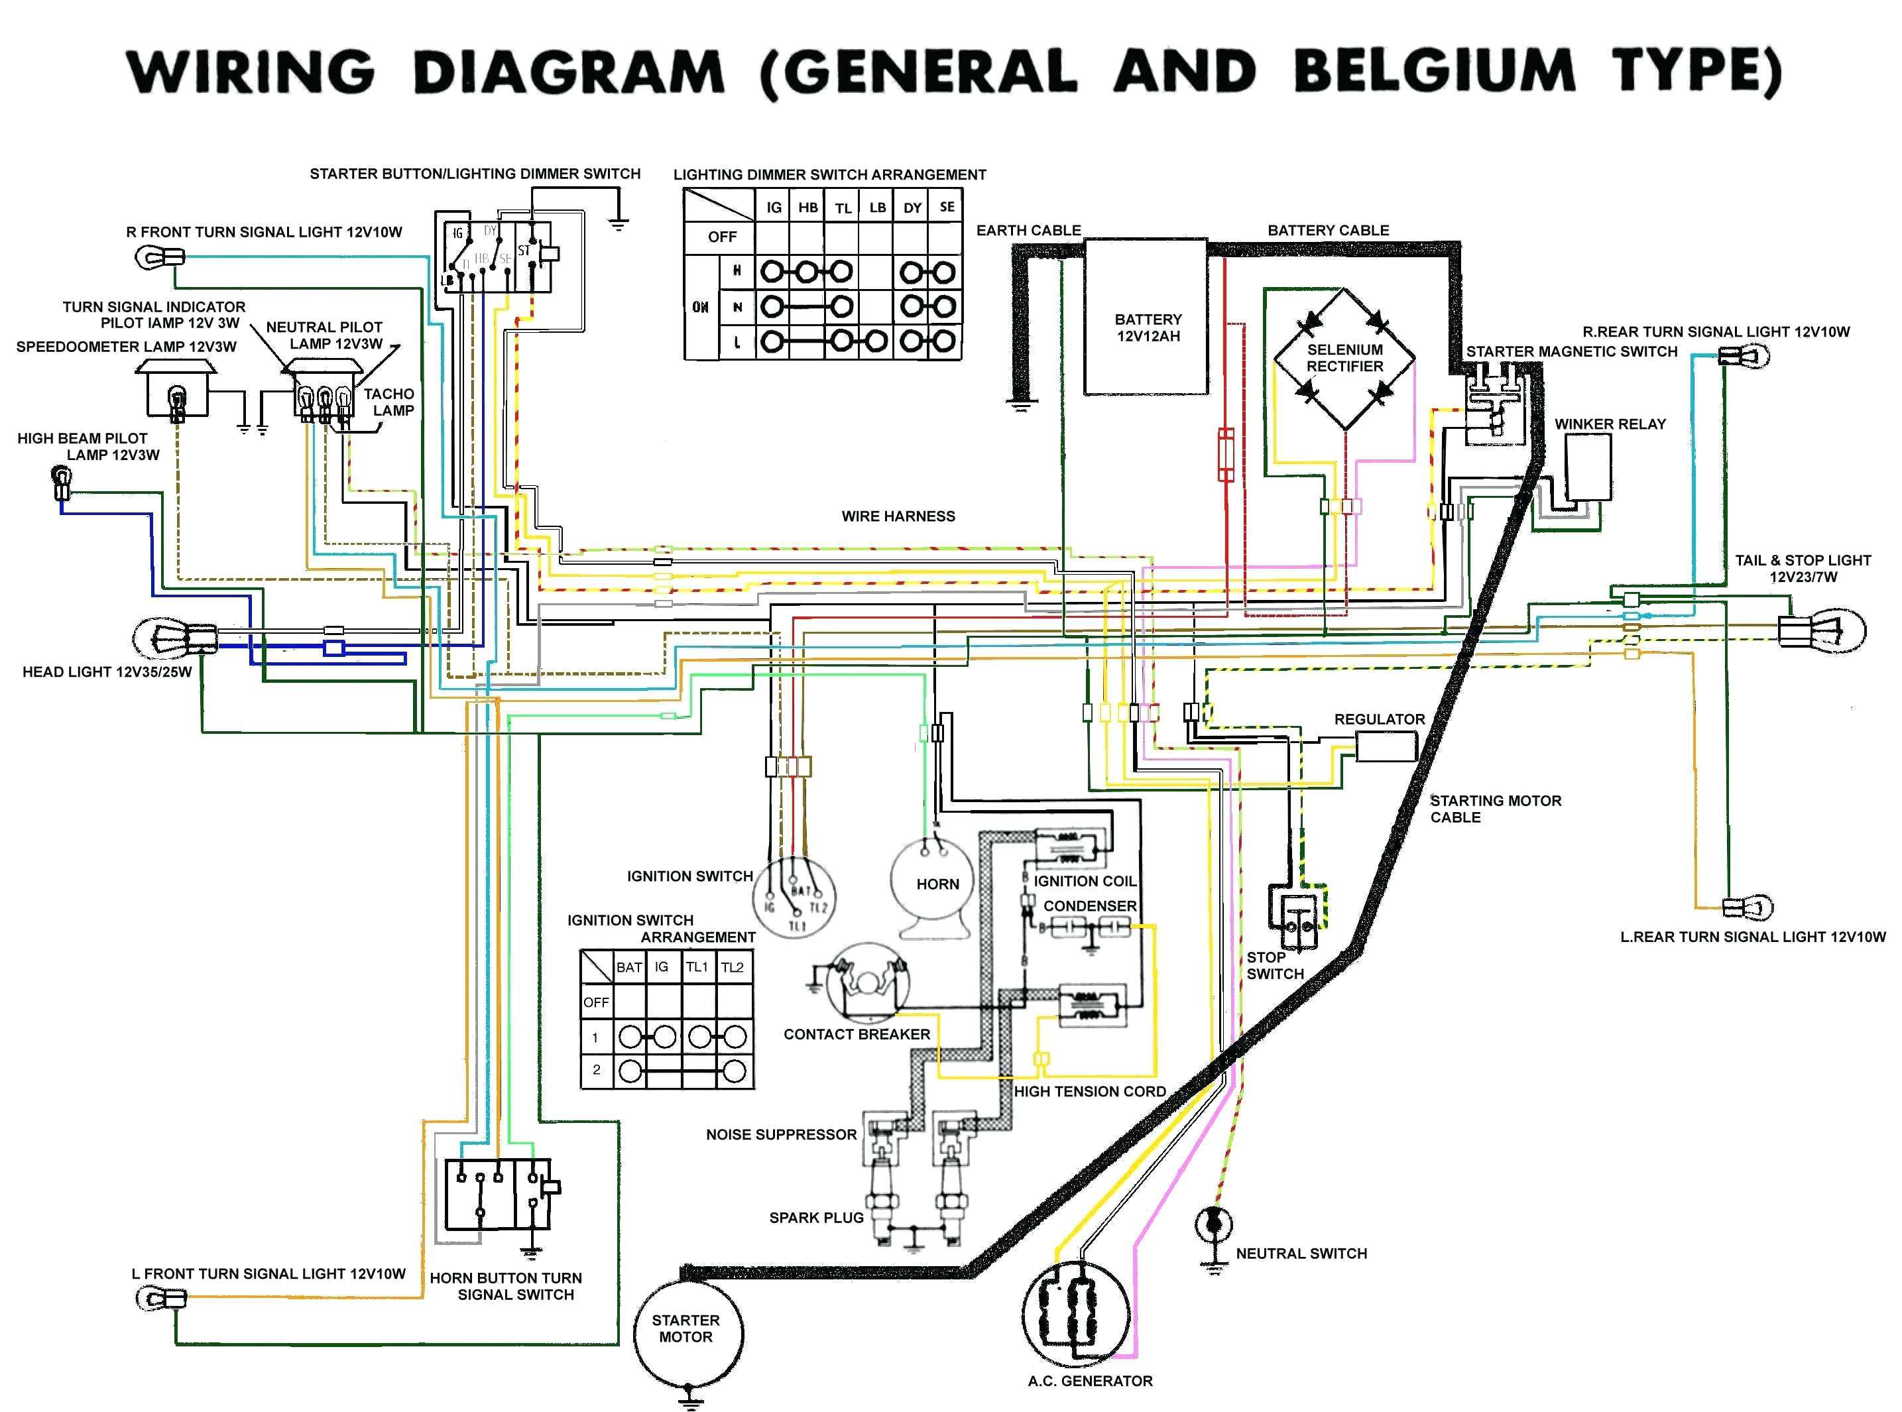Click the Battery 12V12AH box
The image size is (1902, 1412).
[1146, 317]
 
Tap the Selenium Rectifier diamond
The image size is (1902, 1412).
[1344, 358]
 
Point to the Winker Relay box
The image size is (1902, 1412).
[1587, 467]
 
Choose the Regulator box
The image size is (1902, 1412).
[1386, 748]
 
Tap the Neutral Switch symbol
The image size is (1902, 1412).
[1213, 1224]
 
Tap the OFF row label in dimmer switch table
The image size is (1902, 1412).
[721, 237]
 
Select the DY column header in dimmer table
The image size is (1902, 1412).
[912, 207]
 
